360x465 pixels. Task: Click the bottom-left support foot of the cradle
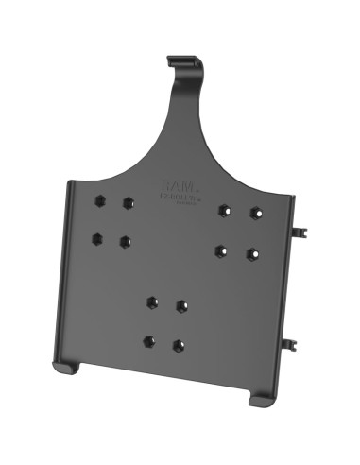tap(63, 365)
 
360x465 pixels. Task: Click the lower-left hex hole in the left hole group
tap(96, 238)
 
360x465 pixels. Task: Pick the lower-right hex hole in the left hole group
tap(125, 242)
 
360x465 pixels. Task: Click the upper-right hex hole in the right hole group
tap(255, 213)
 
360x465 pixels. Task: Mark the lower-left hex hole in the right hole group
tap(221, 250)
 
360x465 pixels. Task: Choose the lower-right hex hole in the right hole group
tap(251, 254)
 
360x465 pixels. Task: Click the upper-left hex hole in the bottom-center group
tap(152, 302)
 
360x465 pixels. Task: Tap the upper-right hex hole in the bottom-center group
tap(180, 305)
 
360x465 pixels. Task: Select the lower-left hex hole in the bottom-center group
tap(148, 341)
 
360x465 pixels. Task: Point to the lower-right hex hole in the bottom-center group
tap(178, 345)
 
